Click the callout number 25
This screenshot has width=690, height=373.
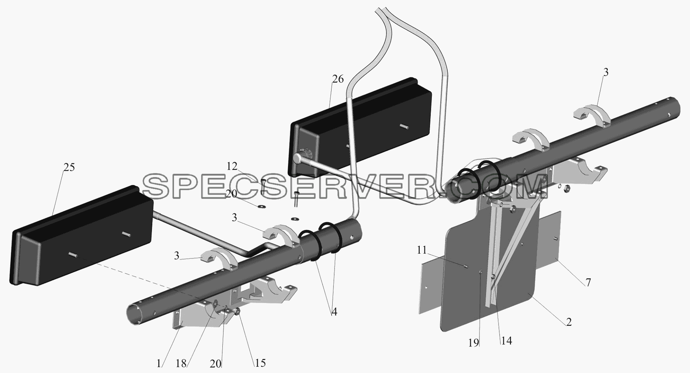click(69, 167)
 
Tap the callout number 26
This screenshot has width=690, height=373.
click(338, 79)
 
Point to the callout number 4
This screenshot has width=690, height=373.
click(334, 312)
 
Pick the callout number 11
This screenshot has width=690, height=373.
click(422, 251)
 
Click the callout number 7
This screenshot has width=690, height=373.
click(588, 283)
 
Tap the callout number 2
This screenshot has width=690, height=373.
click(569, 322)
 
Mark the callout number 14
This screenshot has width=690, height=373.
click(506, 341)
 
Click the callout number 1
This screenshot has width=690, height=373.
click(159, 364)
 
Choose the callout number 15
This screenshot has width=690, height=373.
click(260, 363)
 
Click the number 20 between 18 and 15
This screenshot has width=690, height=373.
click(216, 364)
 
